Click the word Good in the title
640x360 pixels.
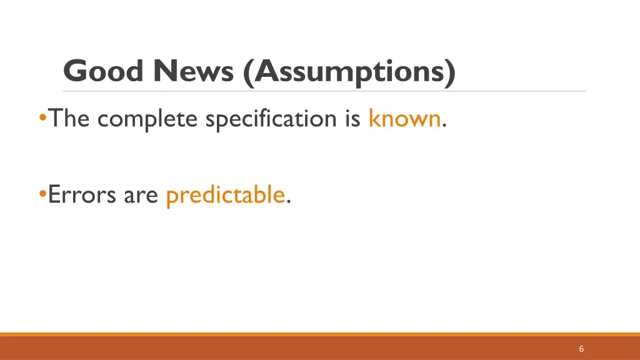pos(103,71)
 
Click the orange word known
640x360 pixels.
pos(404,117)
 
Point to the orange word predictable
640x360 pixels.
pos(226,195)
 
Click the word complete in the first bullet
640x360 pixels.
pos(147,119)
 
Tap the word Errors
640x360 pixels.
pos(82,195)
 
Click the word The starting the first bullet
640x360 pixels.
pos(70,117)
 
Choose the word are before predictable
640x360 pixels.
pos(141,196)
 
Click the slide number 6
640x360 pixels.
pos(581,349)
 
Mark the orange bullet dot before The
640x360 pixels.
pos(42,117)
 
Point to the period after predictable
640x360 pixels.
pos(288,202)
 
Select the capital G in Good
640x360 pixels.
pos(76,71)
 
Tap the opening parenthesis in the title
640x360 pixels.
pos(247,72)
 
